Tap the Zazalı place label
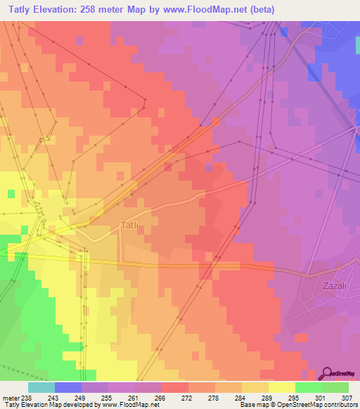(x=334, y=286)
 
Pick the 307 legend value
(x=348, y=397)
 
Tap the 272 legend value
(x=188, y=397)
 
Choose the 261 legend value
(x=135, y=397)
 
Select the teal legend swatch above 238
(x=41, y=387)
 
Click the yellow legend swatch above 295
(x=281, y=387)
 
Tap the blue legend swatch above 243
(x=68, y=387)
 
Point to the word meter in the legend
(x=10, y=397)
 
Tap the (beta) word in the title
(x=260, y=10)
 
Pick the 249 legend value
(x=82, y=397)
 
